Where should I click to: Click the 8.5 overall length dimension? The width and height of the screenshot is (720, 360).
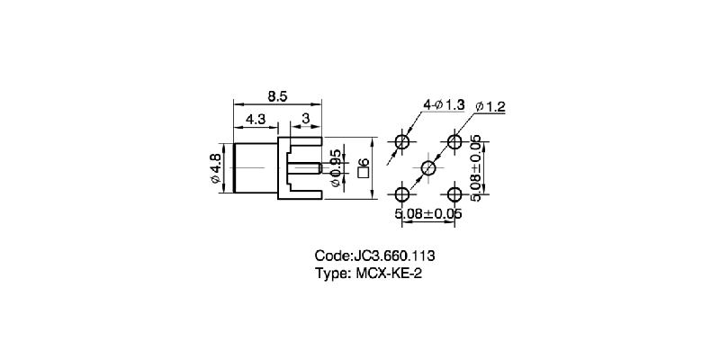coord(277,94)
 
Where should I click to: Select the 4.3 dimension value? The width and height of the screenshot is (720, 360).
coord(255,118)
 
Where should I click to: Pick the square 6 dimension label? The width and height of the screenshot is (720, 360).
coord(362,167)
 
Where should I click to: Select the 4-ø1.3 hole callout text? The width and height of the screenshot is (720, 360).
coord(444,105)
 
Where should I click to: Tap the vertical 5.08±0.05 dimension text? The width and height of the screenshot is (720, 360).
coord(475,167)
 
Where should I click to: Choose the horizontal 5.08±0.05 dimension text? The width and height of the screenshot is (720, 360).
coord(428,214)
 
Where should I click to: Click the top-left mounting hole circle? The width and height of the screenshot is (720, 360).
coord(402,142)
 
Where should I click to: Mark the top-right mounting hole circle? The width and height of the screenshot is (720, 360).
coord(454,142)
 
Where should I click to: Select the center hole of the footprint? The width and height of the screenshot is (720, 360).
coord(428,168)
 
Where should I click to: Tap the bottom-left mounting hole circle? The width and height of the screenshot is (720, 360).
coord(402,193)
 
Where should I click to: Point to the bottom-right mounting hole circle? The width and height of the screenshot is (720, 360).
coord(454,193)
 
